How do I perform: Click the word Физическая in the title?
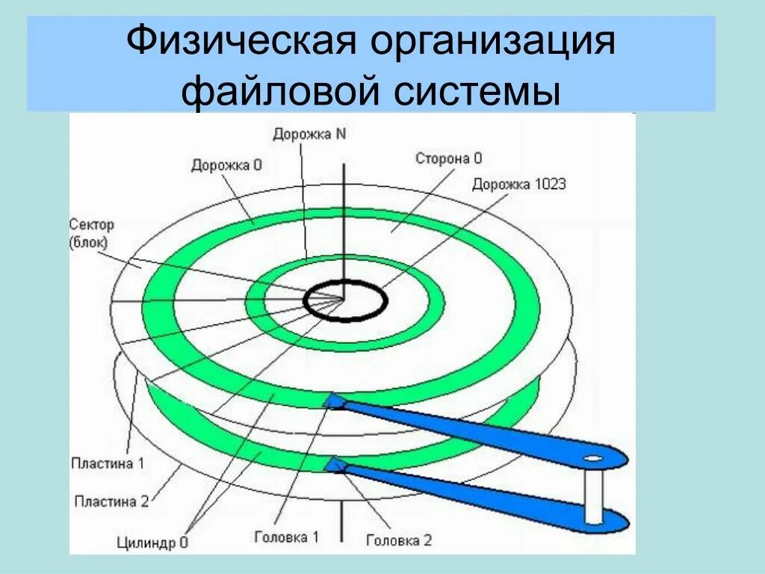pos(239,43)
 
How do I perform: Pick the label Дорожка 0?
pos(226,165)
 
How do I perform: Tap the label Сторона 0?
pos(449,158)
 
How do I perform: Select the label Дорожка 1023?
pos(518,184)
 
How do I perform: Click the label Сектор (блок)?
pos(91,232)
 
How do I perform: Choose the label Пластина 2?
pos(111,501)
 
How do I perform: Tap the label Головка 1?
pos(286,536)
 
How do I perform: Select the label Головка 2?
pos(398,540)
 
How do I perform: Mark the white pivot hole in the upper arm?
pos(594,457)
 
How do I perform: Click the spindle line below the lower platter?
pos(343,523)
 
